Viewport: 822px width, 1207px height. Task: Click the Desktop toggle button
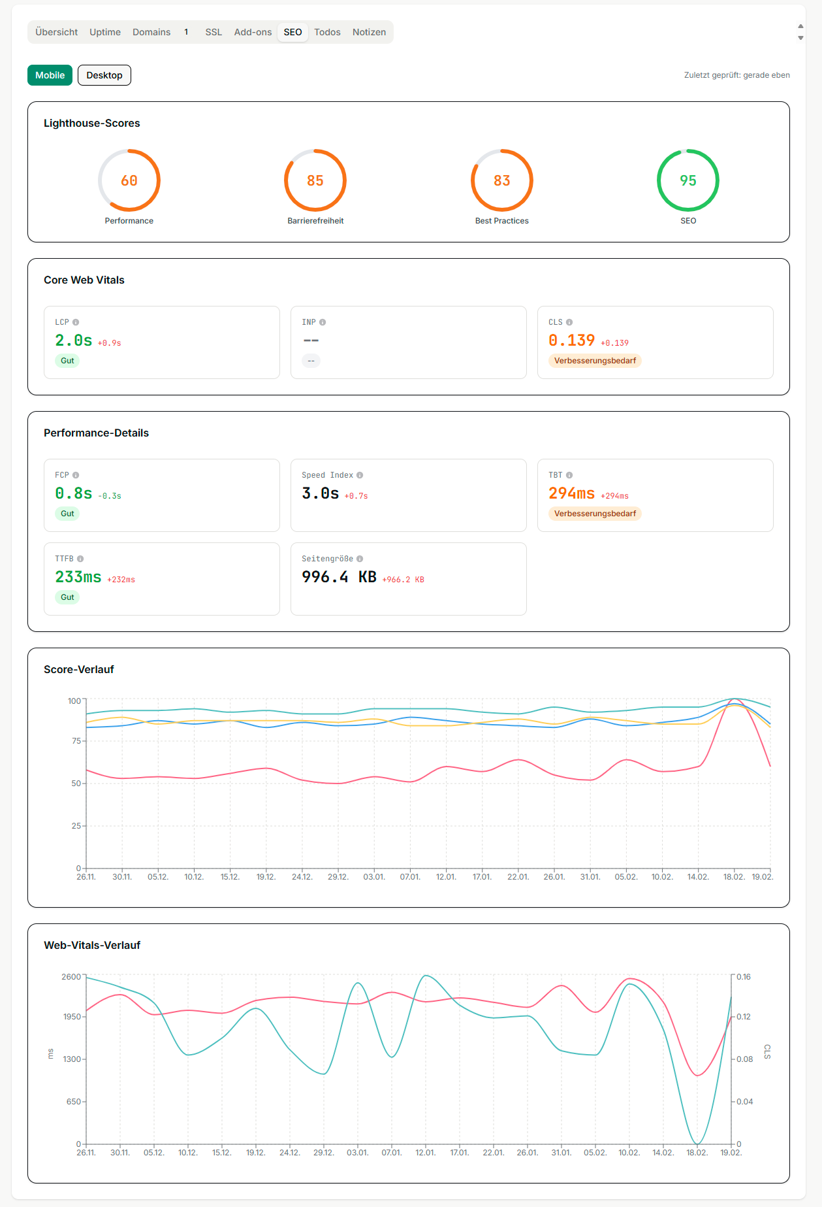tap(104, 75)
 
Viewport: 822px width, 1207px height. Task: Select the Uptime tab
tap(105, 32)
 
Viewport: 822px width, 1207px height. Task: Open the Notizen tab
tap(369, 32)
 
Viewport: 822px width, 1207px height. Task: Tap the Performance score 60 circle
tap(129, 180)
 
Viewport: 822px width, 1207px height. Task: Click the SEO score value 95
tap(688, 180)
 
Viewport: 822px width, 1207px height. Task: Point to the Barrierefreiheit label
tap(315, 221)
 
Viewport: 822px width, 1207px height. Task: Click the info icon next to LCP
tap(76, 322)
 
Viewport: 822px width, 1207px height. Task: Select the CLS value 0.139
tap(571, 340)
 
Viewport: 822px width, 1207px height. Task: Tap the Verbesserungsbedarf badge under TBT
tap(595, 514)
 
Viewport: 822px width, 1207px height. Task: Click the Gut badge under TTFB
tap(67, 597)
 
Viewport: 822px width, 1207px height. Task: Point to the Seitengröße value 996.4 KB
tap(339, 577)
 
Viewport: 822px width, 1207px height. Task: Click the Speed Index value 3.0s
tap(320, 493)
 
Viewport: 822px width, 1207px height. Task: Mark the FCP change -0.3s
tap(110, 496)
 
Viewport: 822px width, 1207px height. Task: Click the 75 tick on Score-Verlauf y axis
tap(76, 741)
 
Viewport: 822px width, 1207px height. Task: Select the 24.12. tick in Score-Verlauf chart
tap(302, 877)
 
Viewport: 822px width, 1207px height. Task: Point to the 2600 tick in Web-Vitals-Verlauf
tap(71, 977)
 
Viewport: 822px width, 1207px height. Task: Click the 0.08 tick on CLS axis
tap(744, 1059)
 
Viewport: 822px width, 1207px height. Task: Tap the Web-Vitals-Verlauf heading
tap(92, 945)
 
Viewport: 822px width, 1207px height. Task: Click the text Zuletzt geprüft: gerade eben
tap(736, 75)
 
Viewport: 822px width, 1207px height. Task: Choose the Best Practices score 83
tap(501, 180)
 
